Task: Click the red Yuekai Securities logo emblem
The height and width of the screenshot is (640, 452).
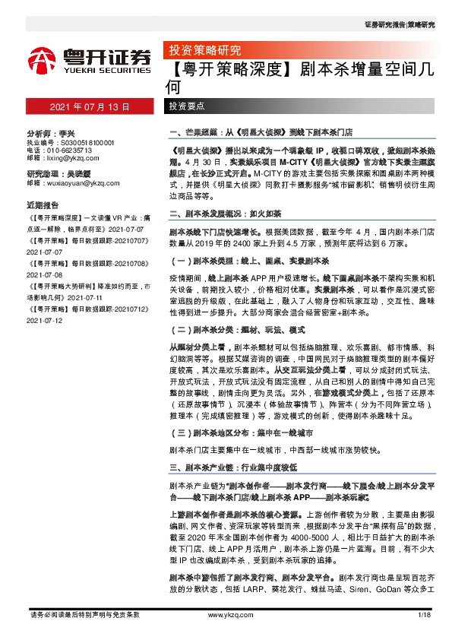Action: [43, 61]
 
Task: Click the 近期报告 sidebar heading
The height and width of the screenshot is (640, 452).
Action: [43, 205]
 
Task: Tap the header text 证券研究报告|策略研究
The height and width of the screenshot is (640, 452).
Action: [400, 25]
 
